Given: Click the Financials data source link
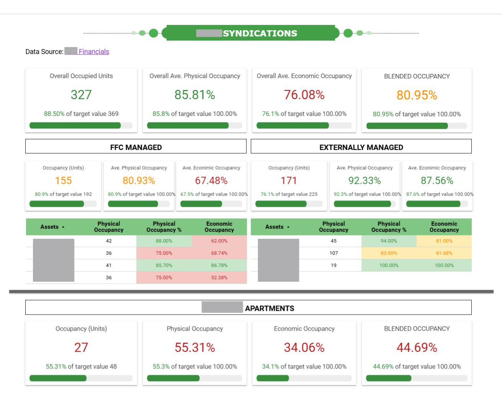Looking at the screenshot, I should point(94,52).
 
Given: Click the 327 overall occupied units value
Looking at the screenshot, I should point(81,95).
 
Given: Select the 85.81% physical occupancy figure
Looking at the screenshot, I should point(195,95).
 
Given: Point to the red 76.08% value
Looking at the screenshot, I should point(304,95).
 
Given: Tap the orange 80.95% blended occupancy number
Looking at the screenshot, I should point(417,95).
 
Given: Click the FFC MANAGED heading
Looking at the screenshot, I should point(136,147).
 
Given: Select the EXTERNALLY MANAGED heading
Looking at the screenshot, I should point(361,147).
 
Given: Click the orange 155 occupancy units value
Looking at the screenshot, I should point(63,181).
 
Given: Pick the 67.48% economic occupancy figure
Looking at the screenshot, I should point(211,181).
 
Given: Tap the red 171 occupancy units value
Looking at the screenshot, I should point(289,181).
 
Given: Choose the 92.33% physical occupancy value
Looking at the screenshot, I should point(364,181).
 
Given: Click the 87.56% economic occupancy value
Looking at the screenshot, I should point(437,181).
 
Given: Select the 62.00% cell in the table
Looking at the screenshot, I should point(219,241).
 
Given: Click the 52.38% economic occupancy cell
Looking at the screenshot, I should point(219,278).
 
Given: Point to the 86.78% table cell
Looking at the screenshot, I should point(219,265).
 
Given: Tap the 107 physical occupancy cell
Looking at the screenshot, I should point(333,253).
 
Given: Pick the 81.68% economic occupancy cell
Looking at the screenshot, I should point(444,253).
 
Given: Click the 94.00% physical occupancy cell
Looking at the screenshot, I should point(389,241).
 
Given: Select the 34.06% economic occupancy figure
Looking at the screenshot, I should point(304,348).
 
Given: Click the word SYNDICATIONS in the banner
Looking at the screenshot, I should point(260,33).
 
